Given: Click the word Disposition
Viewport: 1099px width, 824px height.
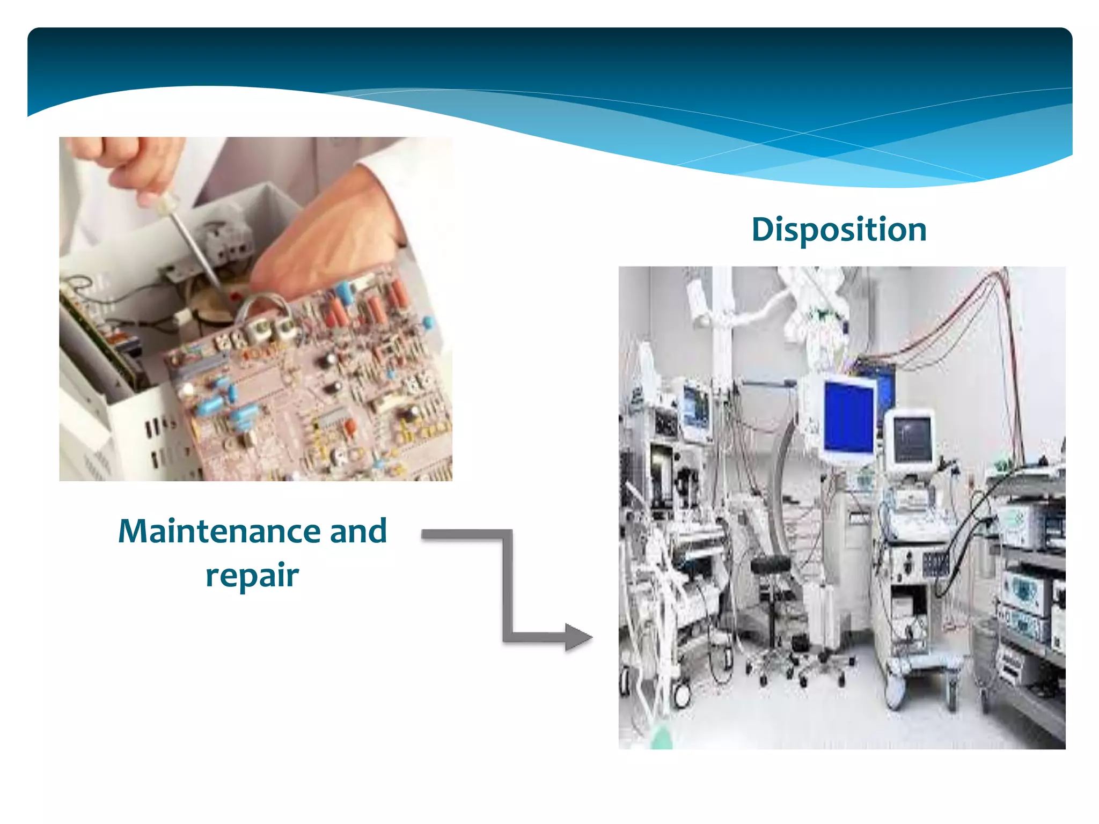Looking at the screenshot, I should pyautogui.click(x=839, y=230).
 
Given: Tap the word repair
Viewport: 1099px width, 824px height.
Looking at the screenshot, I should pyautogui.click(x=252, y=575).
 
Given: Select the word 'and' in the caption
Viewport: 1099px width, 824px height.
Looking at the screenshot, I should pyautogui.click(x=358, y=531).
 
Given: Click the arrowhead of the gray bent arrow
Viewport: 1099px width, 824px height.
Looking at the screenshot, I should pyautogui.click(x=578, y=637).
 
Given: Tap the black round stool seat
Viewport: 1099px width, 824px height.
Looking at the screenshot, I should pyautogui.click(x=771, y=564).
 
